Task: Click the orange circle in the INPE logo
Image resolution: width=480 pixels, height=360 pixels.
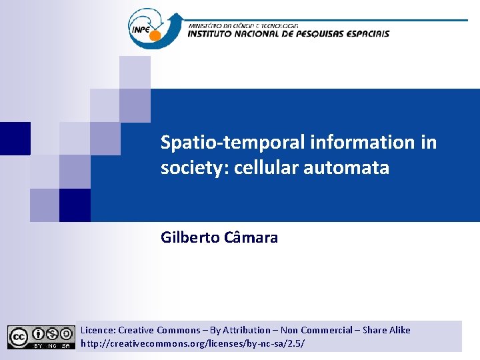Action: [155, 35]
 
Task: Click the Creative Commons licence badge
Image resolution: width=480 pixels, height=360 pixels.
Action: [41, 337]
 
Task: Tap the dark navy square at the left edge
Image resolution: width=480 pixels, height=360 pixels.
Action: [15, 139]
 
